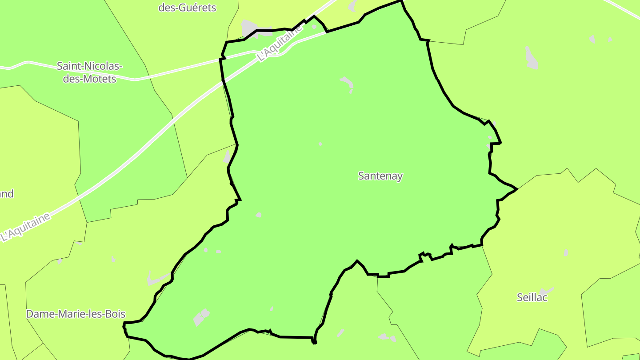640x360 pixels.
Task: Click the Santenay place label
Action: tap(380, 176)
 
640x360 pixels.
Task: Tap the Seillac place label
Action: tap(532, 297)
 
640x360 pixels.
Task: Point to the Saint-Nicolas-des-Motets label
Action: tap(89, 72)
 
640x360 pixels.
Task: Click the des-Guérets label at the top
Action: tap(187, 8)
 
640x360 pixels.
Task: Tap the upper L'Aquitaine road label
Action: tap(280, 43)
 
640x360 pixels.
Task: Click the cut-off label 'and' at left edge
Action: tap(6, 194)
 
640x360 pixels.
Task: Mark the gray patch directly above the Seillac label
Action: tap(566, 252)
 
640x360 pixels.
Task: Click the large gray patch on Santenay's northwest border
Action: tap(250, 28)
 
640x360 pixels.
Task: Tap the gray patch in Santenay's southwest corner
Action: tap(201, 317)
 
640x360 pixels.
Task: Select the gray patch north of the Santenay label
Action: tap(347, 82)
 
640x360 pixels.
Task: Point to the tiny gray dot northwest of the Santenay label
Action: tap(320, 144)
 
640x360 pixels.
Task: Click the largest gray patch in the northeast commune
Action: tap(531, 58)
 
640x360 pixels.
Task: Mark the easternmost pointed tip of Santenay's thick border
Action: tap(516, 189)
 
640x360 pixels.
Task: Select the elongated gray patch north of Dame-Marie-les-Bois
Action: tap(156, 279)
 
